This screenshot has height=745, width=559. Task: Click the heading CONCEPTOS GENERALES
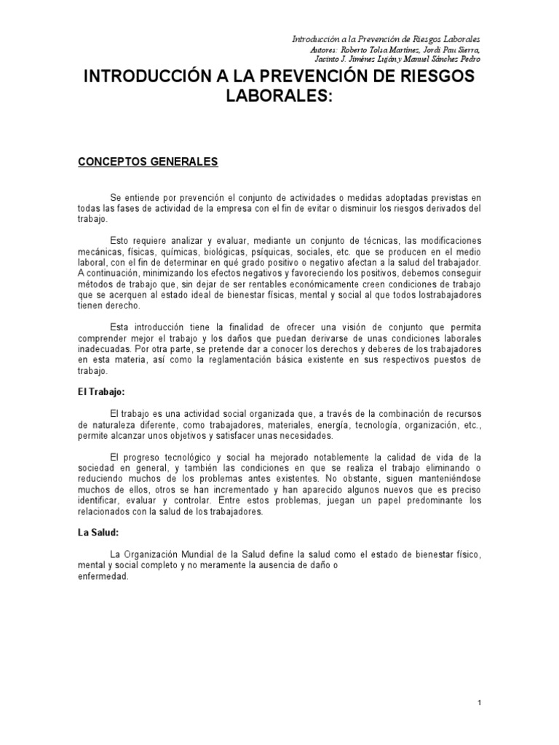[x=148, y=162]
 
